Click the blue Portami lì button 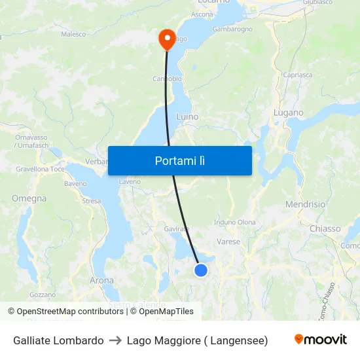179,160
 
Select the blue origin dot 201,270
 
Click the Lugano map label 288,113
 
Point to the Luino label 187,117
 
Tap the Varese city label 228,242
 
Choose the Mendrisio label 305,204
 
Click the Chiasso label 325,228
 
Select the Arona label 101,280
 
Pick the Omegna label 29,198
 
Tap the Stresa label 91,201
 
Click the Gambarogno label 232,29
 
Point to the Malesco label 74,34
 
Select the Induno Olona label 234,223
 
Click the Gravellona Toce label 41,169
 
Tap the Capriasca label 297,75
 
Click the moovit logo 320,340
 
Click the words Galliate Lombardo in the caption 58,340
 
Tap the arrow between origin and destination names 115,340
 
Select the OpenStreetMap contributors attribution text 66,312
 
